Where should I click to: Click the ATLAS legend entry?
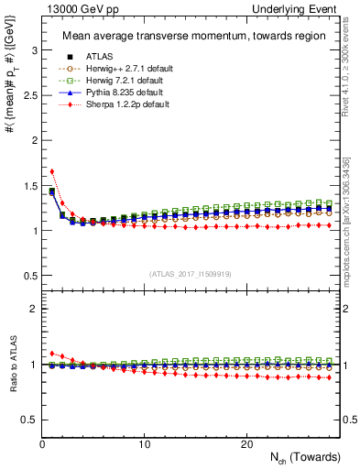click(x=101, y=58)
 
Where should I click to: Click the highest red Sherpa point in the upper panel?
click(x=52, y=171)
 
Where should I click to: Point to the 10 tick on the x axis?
click(x=145, y=444)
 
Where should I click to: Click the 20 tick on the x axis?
click(x=246, y=444)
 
